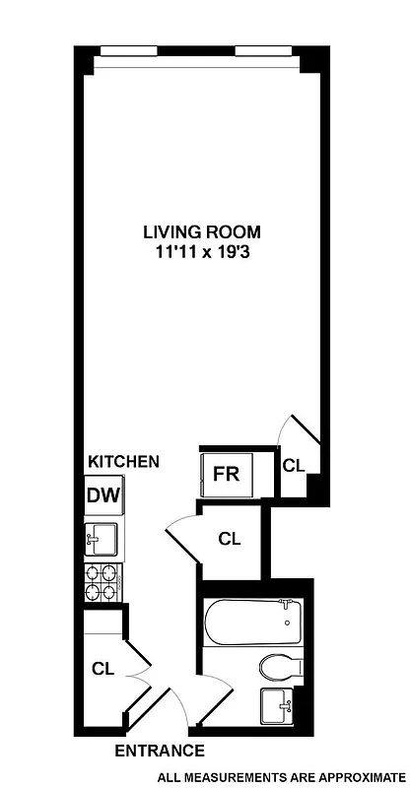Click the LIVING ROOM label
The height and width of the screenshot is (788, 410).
[202, 232]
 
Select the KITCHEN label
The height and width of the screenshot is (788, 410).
[123, 461]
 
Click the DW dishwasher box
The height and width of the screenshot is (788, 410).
[102, 494]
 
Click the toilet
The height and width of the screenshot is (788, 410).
[278, 669]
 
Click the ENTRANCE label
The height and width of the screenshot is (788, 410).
[160, 751]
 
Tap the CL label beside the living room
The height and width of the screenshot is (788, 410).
[293, 465]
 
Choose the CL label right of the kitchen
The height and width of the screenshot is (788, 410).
[230, 539]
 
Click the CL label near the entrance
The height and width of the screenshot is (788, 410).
[103, 668]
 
